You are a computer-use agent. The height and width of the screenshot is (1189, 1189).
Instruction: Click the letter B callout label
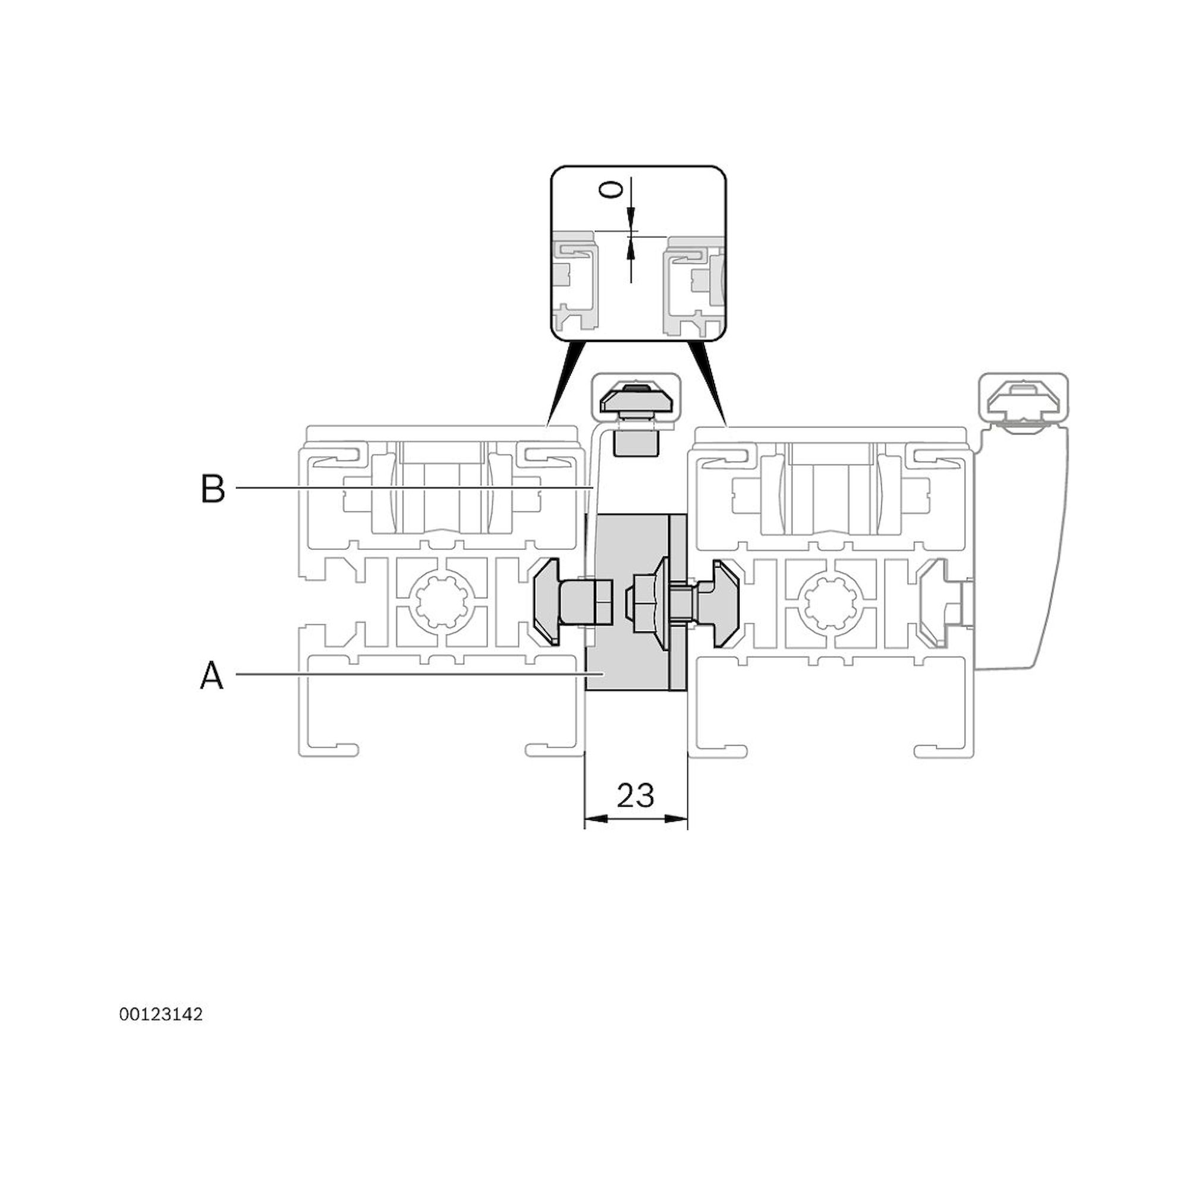[213, 489]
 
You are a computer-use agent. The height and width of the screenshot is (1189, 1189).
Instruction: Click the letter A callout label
[212, 676]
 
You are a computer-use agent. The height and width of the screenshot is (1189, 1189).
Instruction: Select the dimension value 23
[635, 796]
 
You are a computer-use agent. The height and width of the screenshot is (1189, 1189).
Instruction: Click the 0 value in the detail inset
[610, 190]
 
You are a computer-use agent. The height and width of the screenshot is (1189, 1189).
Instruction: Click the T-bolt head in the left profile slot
[546, 602]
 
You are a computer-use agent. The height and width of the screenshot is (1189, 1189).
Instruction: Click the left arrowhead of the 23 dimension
[594, 819]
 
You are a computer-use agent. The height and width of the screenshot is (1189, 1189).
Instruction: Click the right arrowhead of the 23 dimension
[677, 819]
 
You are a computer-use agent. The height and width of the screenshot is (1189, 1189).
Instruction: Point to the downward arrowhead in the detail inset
[630, 217]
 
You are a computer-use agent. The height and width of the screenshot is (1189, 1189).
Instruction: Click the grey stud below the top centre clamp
[636, 442]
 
